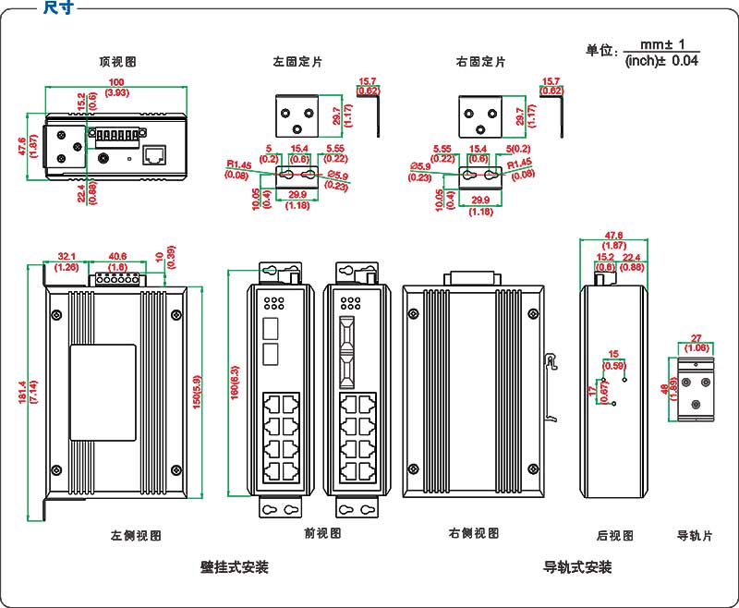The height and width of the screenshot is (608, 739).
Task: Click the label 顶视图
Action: (x=118, y=62)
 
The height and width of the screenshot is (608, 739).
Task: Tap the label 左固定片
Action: (x=297, y=62)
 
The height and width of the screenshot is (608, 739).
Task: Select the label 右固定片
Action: (x=480, y=62)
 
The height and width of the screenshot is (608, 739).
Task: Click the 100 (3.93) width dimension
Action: (x=117, y=89)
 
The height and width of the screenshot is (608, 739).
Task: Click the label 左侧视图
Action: (x=137, y=535)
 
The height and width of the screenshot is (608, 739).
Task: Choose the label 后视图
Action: (x=614, y=535)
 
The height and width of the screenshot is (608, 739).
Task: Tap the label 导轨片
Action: (x=695, y=535)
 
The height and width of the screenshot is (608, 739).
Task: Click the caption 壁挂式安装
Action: (x=234, y=566)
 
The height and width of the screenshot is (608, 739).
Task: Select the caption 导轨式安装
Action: (x=577, y=566)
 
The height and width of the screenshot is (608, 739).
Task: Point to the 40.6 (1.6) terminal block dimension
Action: (x=118, y=261)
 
